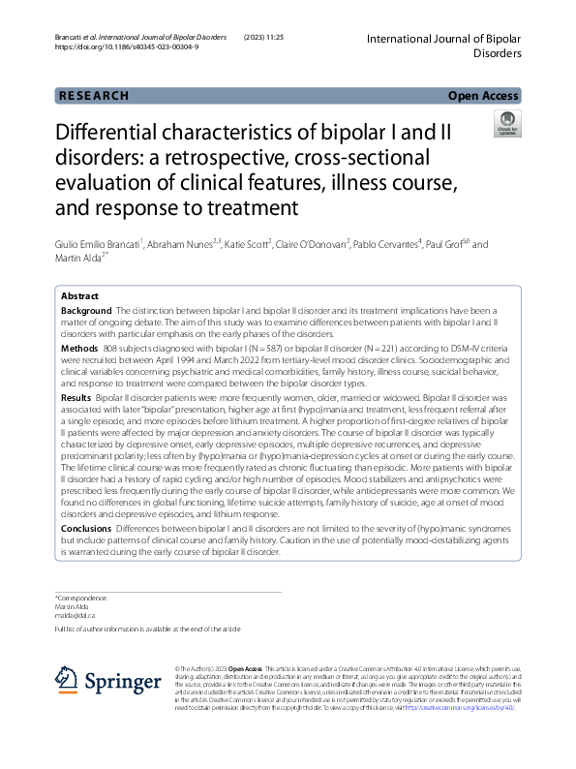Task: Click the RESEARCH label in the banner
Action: [x=93, y=96]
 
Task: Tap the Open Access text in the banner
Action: [x=483, y=96]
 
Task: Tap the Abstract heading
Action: [x=79, y=295]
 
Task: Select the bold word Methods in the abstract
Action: [x=78, y=348]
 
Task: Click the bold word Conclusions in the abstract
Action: [x=86, y=529]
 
